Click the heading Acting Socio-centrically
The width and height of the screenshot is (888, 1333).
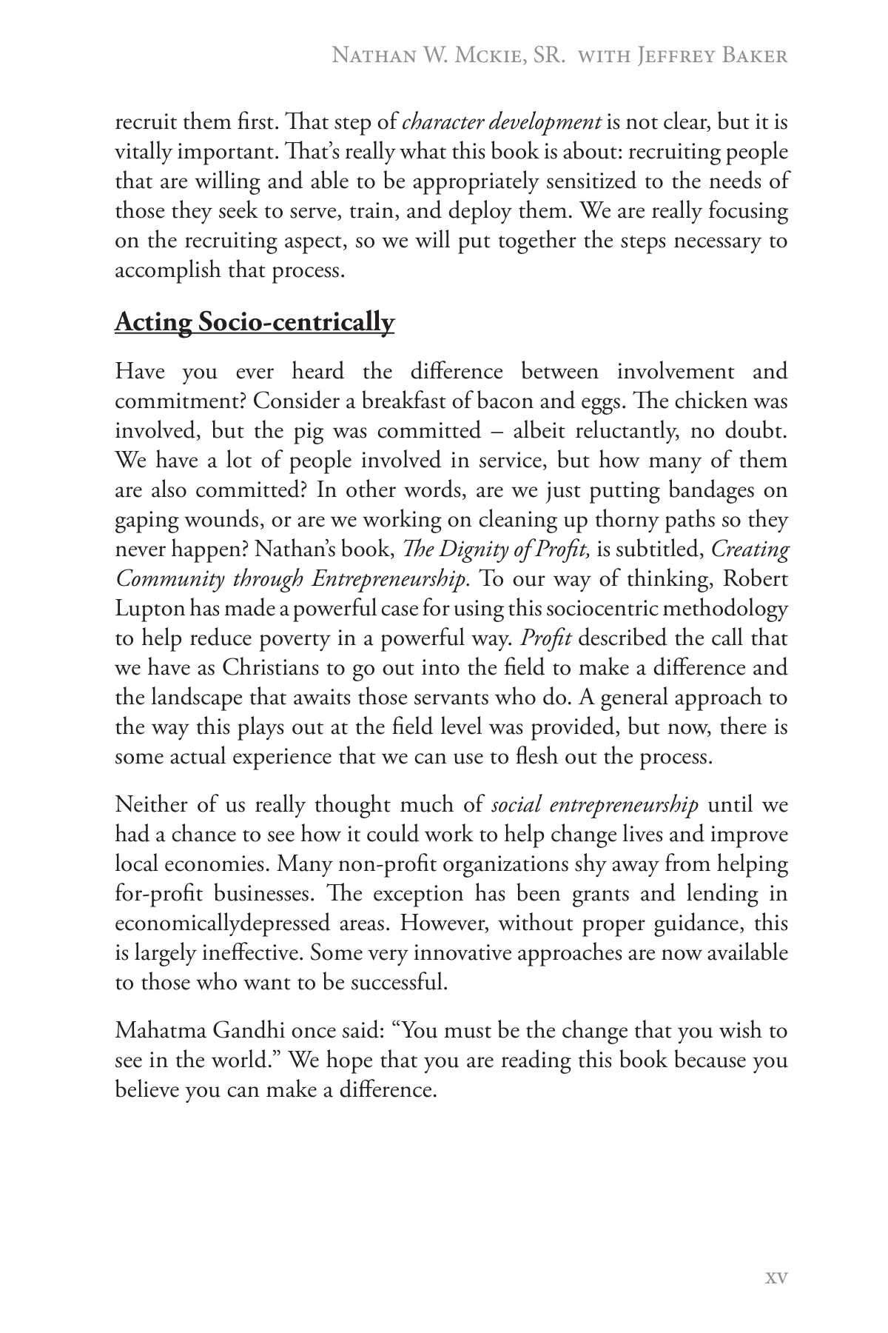[x=254, y=322]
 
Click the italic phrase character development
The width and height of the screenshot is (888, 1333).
[x=501, y=122]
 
